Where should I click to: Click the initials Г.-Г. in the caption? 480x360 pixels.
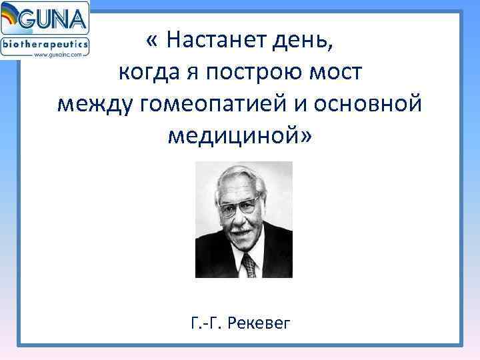tap(205, 324)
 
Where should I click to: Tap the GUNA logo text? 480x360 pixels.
tap(57, 18)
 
